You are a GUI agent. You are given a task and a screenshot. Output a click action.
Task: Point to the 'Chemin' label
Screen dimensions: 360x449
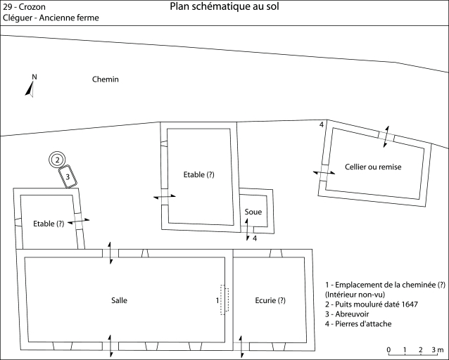[x=106, y=79]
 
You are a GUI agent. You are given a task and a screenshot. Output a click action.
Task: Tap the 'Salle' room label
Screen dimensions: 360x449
[x=120, y=300]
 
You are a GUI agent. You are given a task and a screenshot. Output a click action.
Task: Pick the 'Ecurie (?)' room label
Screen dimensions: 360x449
[x=270, y=300]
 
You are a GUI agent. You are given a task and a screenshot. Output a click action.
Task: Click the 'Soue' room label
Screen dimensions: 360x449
[x=253, y=212]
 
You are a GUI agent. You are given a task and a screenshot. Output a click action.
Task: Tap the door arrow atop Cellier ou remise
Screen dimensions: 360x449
[x=384, y=135]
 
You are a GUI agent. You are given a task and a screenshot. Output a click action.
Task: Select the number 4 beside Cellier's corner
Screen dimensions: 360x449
[x=322, y=124]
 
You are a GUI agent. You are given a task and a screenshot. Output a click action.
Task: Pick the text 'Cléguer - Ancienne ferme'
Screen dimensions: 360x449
[x=51, y=18]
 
